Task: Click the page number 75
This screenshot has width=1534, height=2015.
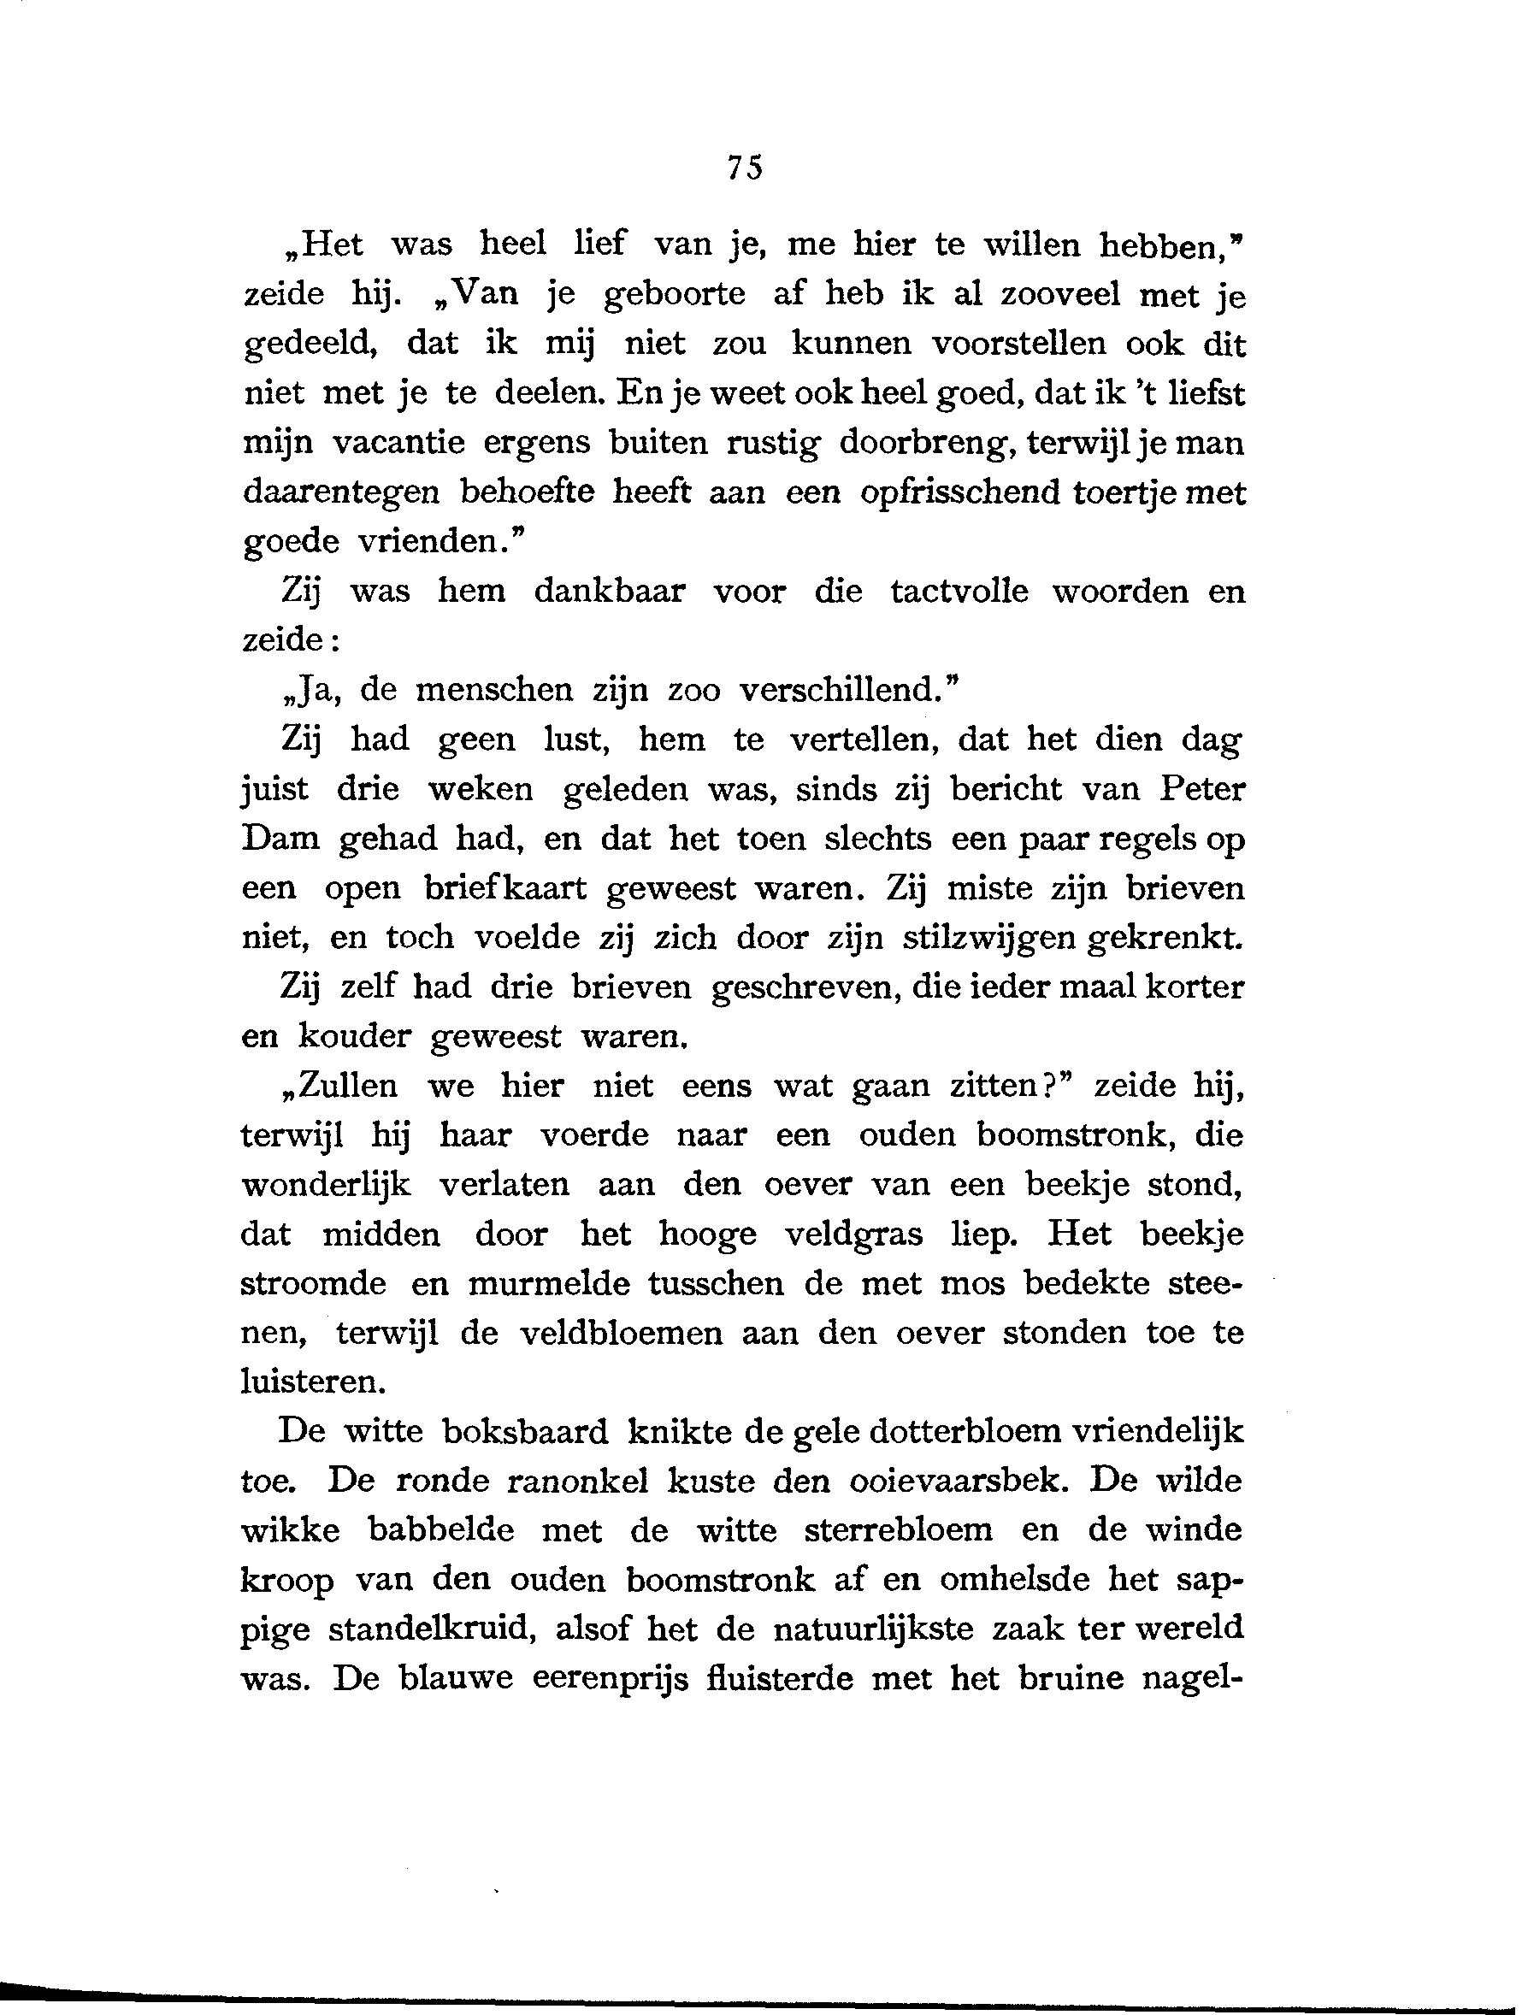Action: [x=744, y=168]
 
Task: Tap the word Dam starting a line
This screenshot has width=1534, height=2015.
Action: [x=280, y=838]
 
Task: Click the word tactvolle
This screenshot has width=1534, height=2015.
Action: [x=959, y=592]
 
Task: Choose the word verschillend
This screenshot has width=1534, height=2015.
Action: [x=848, y=690]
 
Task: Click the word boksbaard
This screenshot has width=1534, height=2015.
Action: [x=525, y=1432]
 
